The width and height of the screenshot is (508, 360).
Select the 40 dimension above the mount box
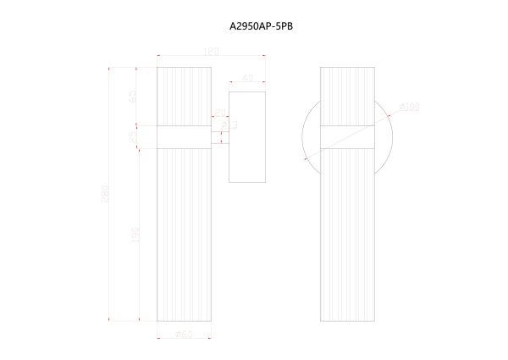(247, 78)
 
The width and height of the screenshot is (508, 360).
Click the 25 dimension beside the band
(133, 136)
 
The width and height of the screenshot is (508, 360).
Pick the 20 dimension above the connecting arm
(219, 113)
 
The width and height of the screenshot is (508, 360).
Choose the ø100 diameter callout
(410, 108)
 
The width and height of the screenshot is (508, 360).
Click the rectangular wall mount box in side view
(247, 136)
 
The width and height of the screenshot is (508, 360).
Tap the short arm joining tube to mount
(219, 136)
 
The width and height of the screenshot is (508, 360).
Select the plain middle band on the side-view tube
(185, 136)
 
